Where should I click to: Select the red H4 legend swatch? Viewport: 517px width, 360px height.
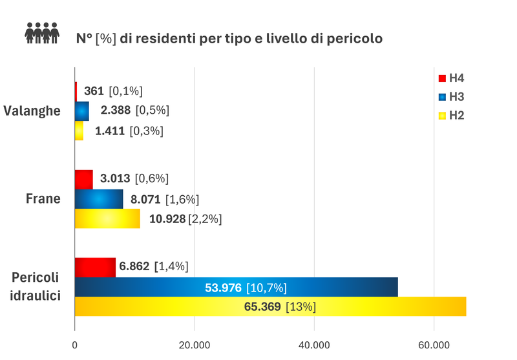pos(442,79)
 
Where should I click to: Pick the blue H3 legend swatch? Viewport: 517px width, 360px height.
pos(442,98)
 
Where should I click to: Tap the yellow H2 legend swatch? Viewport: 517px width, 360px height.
pos(442,116)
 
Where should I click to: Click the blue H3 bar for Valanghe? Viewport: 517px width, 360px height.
pos(82,111)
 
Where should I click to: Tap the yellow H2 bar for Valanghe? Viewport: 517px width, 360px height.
pos(79,131)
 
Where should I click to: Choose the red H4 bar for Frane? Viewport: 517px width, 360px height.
pos(84,179)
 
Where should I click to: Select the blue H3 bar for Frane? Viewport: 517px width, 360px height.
pos(99,199)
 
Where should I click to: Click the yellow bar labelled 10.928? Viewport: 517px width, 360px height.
pos(107,218)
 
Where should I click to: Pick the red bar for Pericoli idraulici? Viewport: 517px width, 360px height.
pos(95,267)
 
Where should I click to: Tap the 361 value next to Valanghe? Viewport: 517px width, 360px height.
pos(94,91)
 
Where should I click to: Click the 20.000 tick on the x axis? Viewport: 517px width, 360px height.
pos(195,345)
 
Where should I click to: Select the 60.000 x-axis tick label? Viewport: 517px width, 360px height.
pos(434,345)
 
